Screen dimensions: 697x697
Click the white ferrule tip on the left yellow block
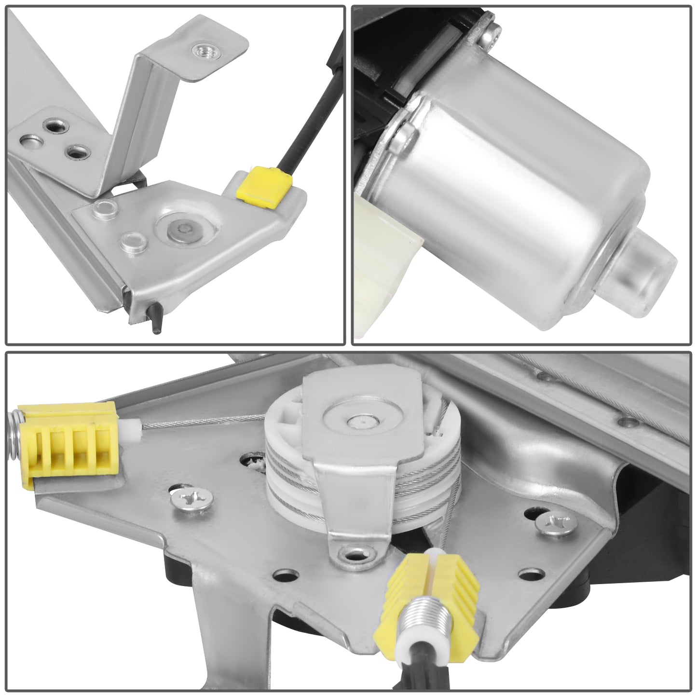(x=129, y=425)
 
